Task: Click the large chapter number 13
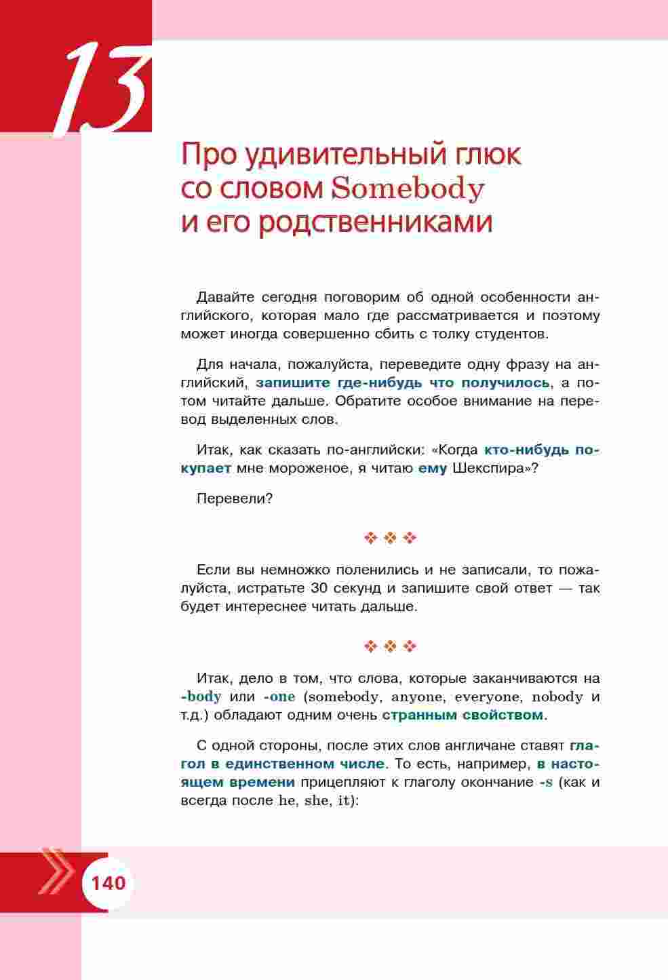tap(105, 88)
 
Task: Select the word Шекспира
tap(491, 468)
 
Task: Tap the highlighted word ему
tap(433, 468)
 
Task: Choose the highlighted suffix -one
tap(279, 697)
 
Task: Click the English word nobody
tap(557, 697)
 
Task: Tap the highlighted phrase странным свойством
tap(463, 715)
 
